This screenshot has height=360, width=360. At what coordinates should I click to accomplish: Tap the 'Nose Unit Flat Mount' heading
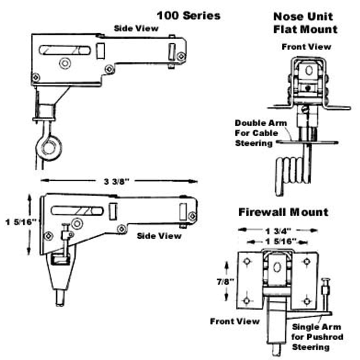click(x=305, y=23)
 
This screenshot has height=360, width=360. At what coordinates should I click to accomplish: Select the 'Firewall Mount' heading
click(x=283, y=212)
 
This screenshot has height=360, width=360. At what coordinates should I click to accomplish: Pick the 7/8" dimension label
click(x=225, y=281)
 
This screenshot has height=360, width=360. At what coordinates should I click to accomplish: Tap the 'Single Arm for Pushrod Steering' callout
click(x=317, y=337)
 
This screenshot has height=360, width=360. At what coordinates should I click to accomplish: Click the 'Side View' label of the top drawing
click(x=135, y=28)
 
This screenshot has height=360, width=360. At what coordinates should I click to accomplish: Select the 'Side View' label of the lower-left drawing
click(x=159, y=235)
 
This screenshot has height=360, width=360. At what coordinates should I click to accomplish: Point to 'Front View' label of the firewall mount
click(x=234, y=321)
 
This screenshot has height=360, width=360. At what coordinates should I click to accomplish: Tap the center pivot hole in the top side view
click(x=66, y=64)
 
